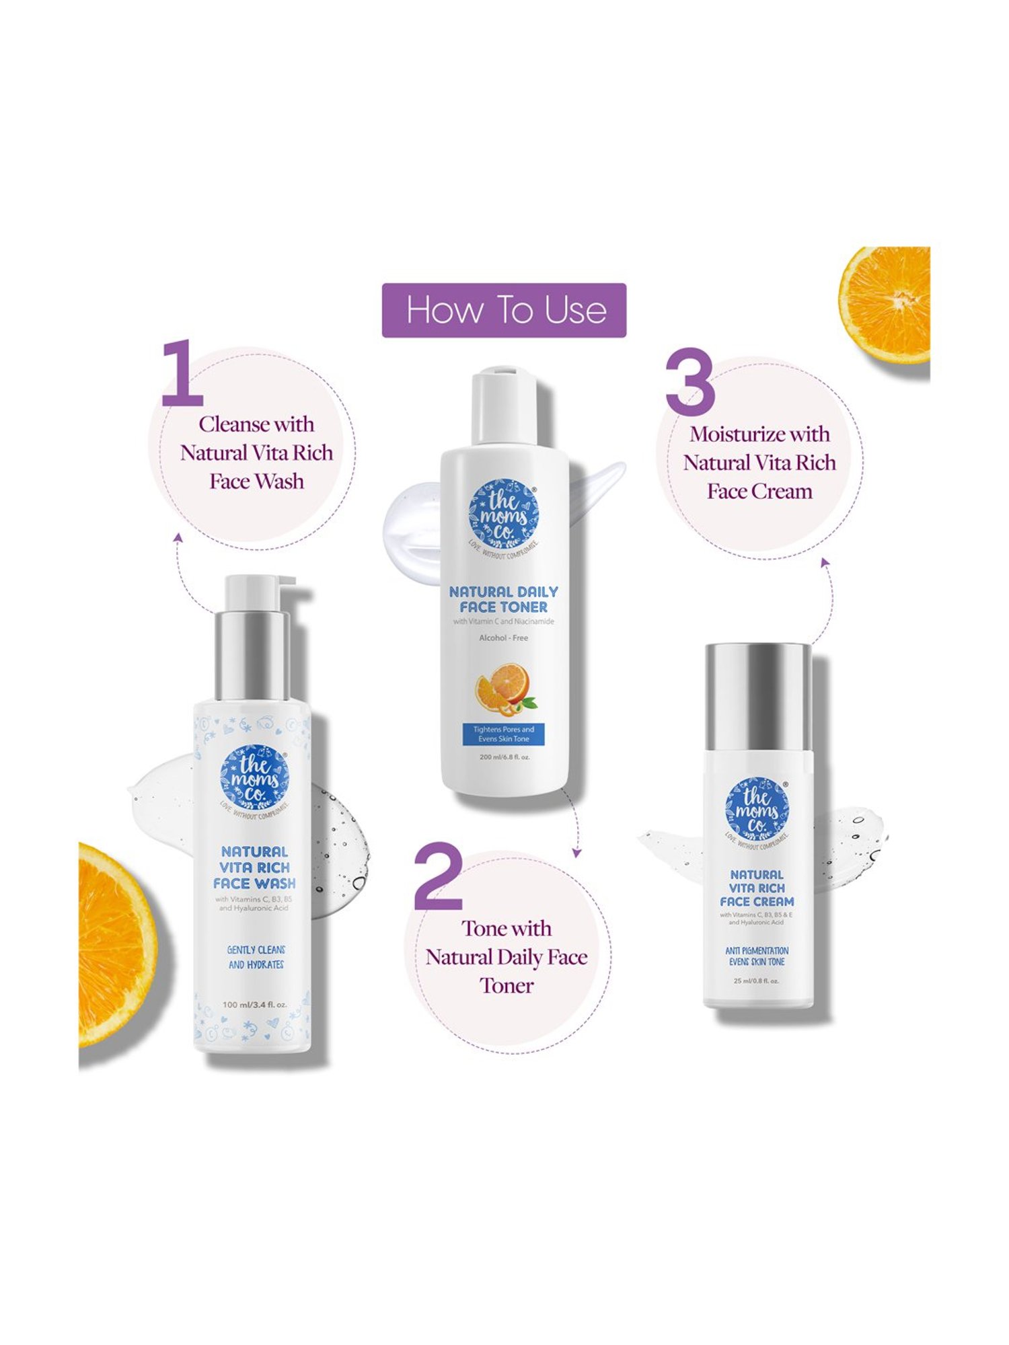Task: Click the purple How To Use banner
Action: coord(504,310)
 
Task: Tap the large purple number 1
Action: coord(183,374)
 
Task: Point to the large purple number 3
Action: coord(690,382)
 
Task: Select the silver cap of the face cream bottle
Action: coord(758,696)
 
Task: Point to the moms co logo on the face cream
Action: coord(757,810)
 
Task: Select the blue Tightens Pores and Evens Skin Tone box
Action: coord(504,734)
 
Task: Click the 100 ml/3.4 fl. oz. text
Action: coord(254,1005)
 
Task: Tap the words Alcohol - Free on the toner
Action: coord(503,638)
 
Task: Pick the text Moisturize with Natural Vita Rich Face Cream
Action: coord(759,463)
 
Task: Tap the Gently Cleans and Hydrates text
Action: coord(256,957)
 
